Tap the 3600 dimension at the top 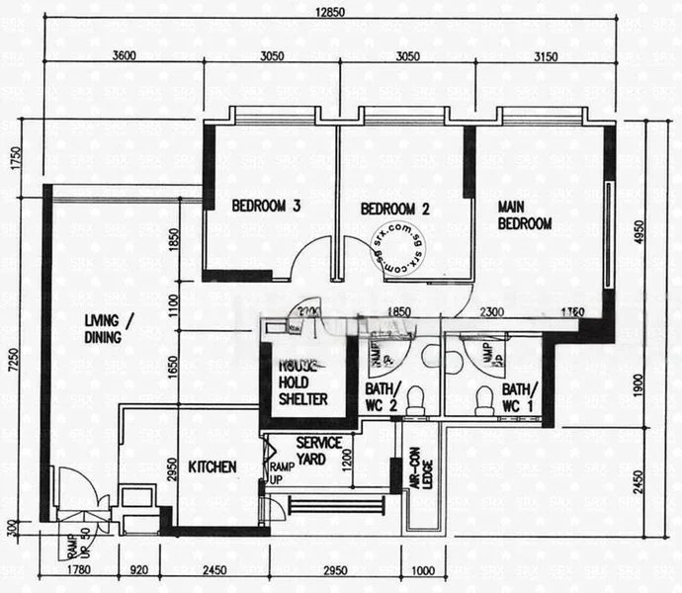[125, 55]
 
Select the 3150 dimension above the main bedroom [540, 55]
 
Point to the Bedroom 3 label [266, 207]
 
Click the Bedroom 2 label [394, 210]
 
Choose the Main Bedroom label [524, 215]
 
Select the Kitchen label [213, 466]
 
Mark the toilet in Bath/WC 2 [417, 397]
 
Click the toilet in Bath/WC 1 [484, 399]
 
